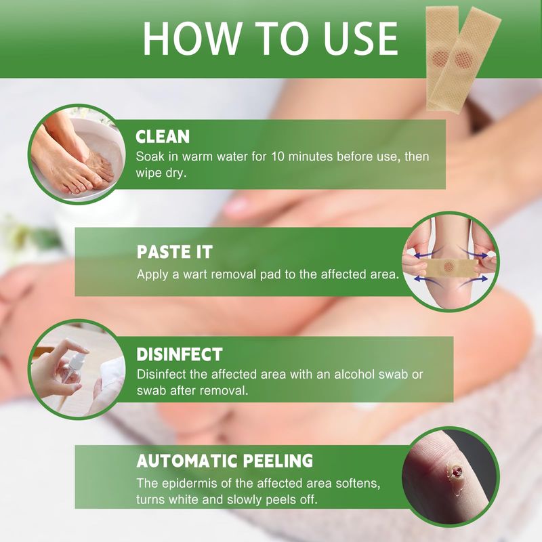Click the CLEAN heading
pos(163,137)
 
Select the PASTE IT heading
pos(175,251)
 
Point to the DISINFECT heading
pos(180,354)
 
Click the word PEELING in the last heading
pos(278,461)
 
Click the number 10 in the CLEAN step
pos(278,157)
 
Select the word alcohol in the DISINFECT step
pos(354,374)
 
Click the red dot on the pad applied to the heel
pos(449,266)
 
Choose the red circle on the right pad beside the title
pos(463,59)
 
